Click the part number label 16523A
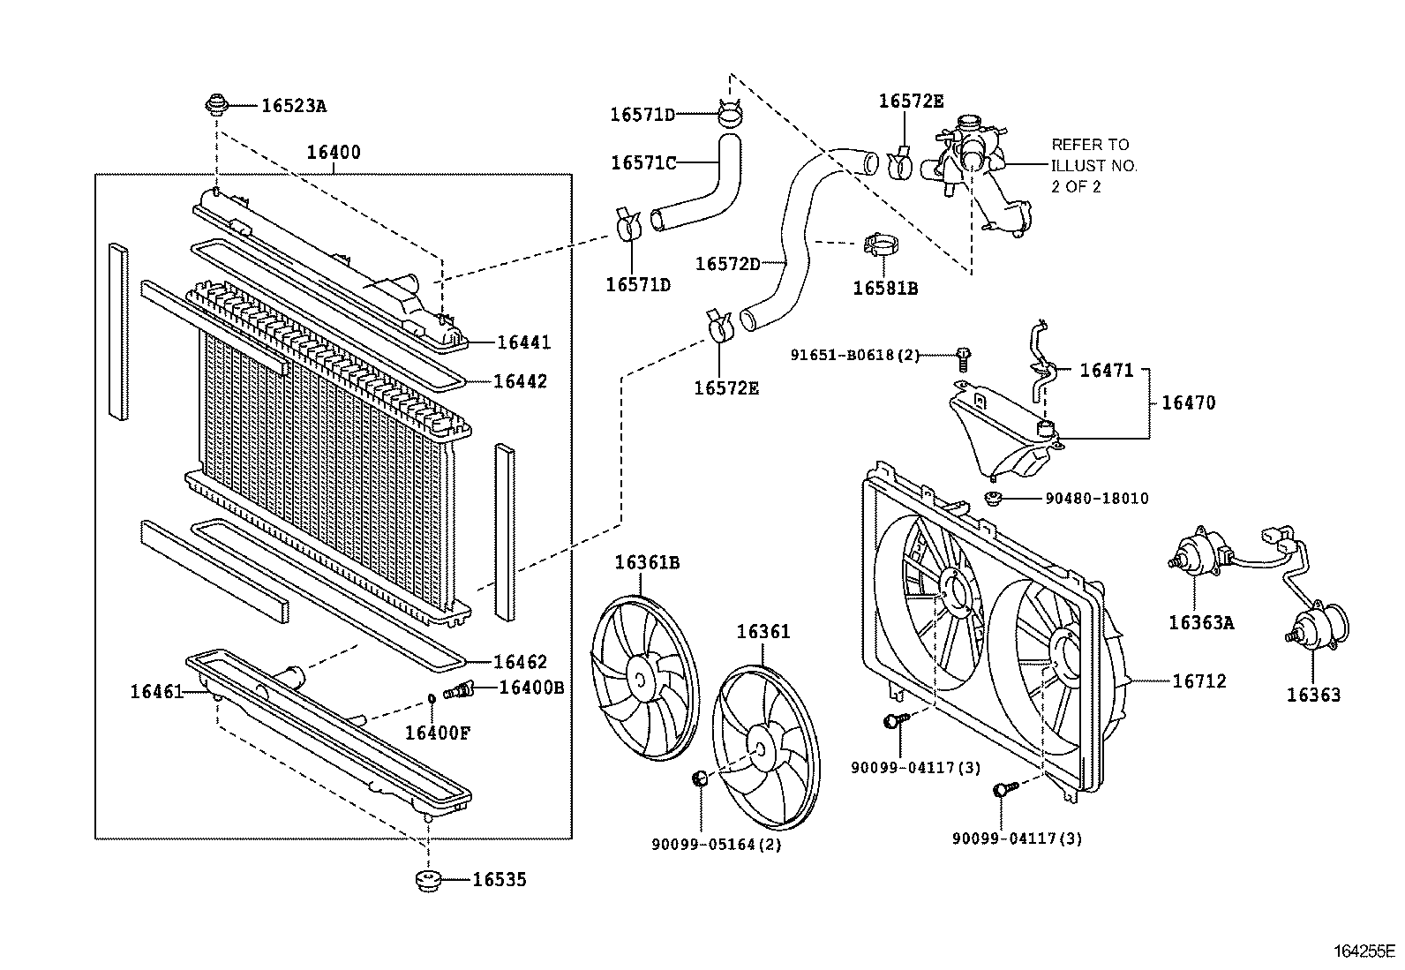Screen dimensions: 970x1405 point(293,106)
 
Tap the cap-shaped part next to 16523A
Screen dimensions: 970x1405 point(216,106)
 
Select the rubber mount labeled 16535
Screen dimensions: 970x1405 point(428,881)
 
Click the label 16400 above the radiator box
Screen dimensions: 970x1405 point(333,152)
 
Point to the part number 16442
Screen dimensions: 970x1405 point(520,381)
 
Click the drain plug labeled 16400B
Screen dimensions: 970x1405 point(460,689)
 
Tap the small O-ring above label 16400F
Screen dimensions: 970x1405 point(432,699)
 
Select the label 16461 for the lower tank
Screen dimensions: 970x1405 point(155,691)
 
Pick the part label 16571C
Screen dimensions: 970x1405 point(642,162)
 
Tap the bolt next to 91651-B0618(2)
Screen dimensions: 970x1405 point(964,357)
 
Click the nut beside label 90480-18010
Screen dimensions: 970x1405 point(992,499)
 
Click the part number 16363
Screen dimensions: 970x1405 point(1312,695)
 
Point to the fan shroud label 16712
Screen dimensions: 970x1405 point(1198,681)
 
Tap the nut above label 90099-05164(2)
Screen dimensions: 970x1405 point(700,778)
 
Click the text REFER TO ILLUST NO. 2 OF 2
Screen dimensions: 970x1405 point(1093,166)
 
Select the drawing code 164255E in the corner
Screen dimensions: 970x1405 point(1364,951)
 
